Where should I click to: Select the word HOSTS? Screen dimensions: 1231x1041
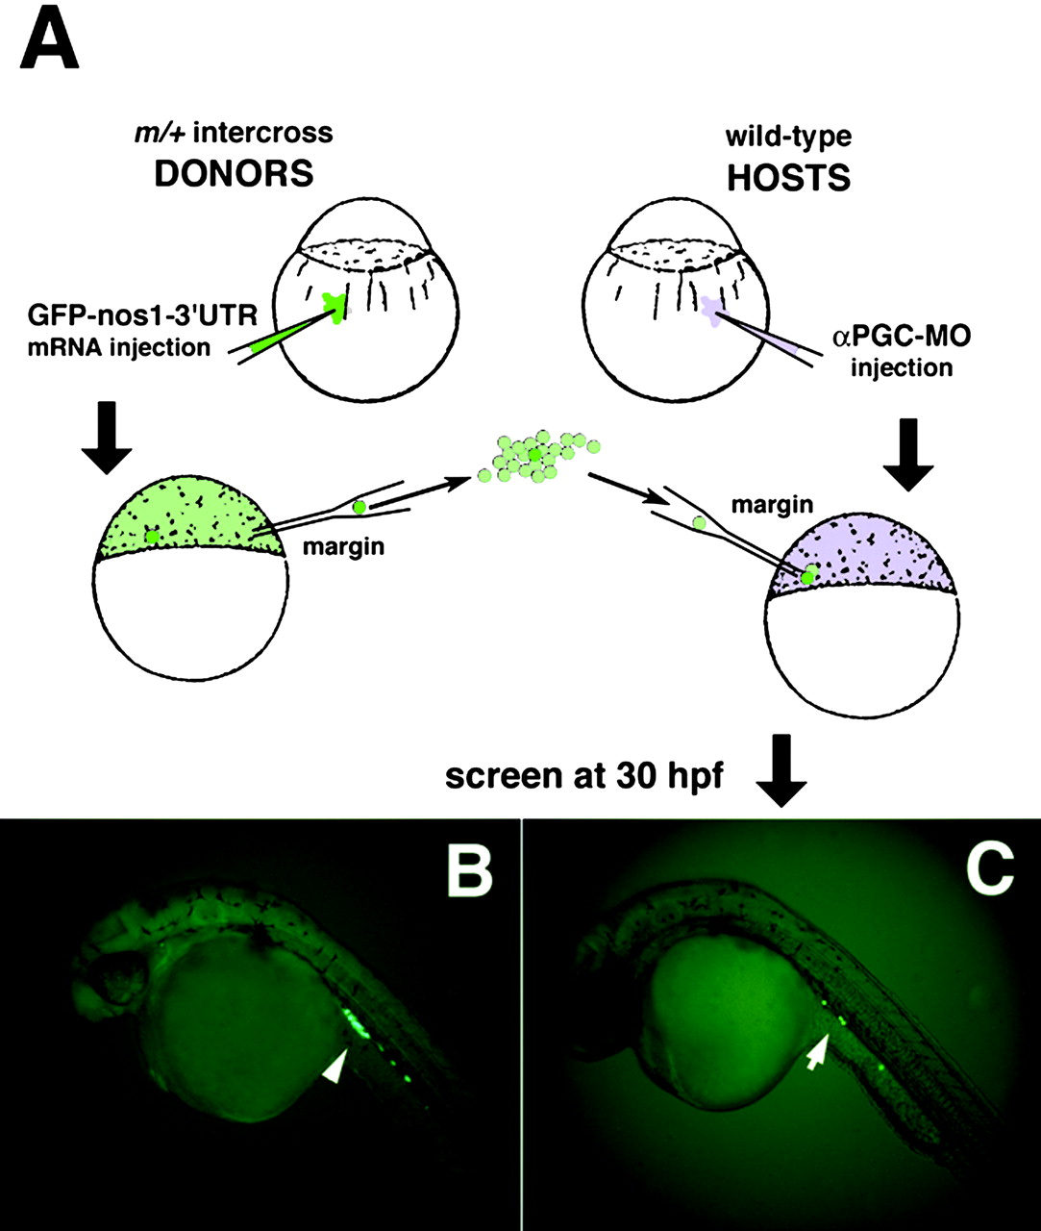(x=788, y=177)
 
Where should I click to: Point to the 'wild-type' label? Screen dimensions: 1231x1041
(x=788, y=138)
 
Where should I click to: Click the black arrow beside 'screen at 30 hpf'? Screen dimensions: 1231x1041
(x=781, y=770)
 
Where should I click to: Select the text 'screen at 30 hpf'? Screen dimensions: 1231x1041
(x=584, y=774)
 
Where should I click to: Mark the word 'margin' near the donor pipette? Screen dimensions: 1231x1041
(x=344, y=547)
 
